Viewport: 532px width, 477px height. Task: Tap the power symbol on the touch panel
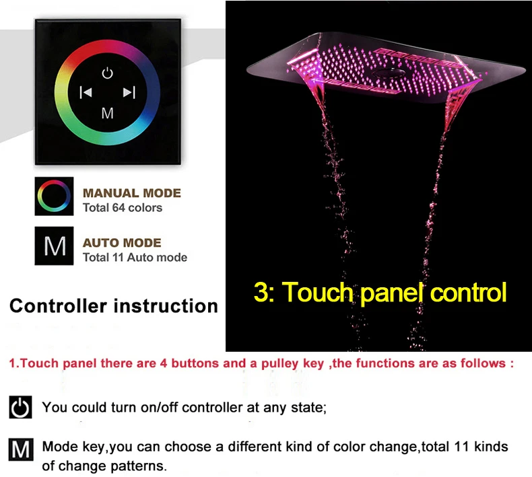107,73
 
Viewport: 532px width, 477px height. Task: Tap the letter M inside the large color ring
108,113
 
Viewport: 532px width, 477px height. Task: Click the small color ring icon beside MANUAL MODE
54,196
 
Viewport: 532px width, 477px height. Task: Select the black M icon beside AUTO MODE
54,246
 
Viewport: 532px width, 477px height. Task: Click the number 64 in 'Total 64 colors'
119,207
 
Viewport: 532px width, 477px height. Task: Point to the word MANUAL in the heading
111,193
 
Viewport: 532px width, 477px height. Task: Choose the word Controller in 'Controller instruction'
58,306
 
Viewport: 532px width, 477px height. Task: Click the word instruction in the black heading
166,306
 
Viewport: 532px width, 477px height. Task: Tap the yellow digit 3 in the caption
261,291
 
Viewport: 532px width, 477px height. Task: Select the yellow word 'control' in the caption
468,292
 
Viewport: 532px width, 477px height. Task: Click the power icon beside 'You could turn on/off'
20,407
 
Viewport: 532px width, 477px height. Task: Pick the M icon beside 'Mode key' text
21,449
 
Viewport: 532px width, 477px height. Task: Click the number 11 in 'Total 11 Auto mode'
118,257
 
